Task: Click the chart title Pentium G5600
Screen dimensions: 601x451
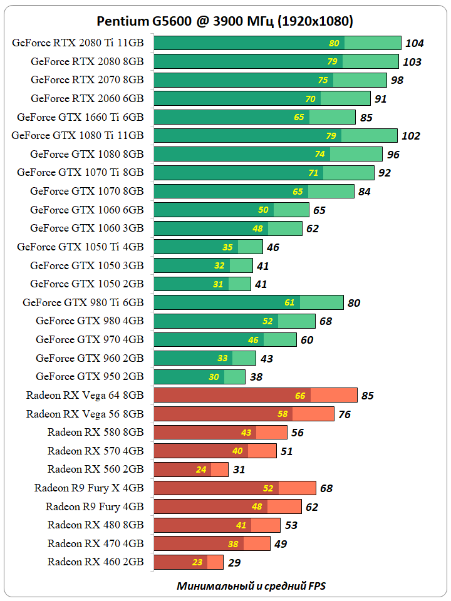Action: (x=225, y=21)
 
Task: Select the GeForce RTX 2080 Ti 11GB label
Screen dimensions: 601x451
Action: (x=78, y=43)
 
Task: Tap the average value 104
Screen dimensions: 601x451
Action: (x=415, y=43)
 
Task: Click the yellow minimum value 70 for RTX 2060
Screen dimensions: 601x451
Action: (x=310, y=99)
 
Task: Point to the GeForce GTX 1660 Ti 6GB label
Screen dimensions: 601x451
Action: (x=80, y=117)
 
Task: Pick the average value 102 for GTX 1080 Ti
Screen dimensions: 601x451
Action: (x=411, y=136)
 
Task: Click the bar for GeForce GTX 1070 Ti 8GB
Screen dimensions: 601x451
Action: (x=264, y=173)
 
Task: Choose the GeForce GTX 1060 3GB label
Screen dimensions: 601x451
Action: (x=87, y=228)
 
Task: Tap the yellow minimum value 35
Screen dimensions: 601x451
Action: (x=227, y=247)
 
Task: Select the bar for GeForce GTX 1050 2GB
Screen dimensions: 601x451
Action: (x=202, y=284)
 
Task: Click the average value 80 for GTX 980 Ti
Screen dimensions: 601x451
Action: (x=354, y=303)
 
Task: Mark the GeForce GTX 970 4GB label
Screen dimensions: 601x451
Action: (x=90, y=339)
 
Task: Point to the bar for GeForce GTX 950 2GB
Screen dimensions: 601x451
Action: (x=199, y=377)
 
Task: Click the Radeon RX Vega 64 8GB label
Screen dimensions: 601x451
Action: (x=85, y=395)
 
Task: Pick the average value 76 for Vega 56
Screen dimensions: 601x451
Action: (x=344, y=414)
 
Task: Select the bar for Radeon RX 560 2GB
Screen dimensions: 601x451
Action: (x=191, y=470)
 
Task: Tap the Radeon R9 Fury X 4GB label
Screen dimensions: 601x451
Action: (x=89, y=488)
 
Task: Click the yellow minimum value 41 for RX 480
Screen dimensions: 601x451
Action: (x=241, y=525)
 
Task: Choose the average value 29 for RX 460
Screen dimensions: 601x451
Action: (x=234, y=562)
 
